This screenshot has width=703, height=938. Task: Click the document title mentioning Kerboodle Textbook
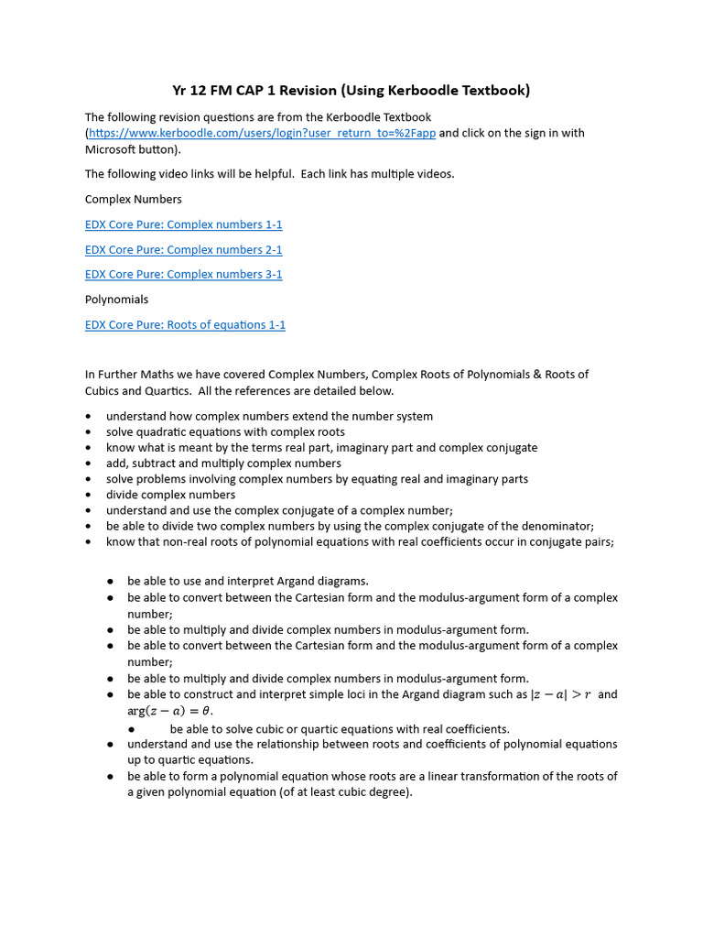(351, 90)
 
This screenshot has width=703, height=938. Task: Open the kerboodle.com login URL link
(263, 133)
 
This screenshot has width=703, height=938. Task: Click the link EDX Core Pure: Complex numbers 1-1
(183, 224)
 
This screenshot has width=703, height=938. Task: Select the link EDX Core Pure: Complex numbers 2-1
(183, 249)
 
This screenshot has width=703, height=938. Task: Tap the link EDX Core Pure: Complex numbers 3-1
(183, 274)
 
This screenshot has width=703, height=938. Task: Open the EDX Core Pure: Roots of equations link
(185, 324)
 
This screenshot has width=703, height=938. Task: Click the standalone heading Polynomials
(116, 300)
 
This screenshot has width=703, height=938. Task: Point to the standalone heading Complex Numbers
(133, 199)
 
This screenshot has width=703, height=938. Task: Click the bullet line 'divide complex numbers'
(170, 495)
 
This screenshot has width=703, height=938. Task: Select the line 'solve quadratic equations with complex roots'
(225, 431)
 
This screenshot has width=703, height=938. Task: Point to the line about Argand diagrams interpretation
(247, 581)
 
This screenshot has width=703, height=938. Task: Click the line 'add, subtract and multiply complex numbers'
(223, 464)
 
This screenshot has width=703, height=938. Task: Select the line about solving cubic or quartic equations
(340, 729)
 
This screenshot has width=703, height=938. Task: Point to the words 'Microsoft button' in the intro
(131, 149)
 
